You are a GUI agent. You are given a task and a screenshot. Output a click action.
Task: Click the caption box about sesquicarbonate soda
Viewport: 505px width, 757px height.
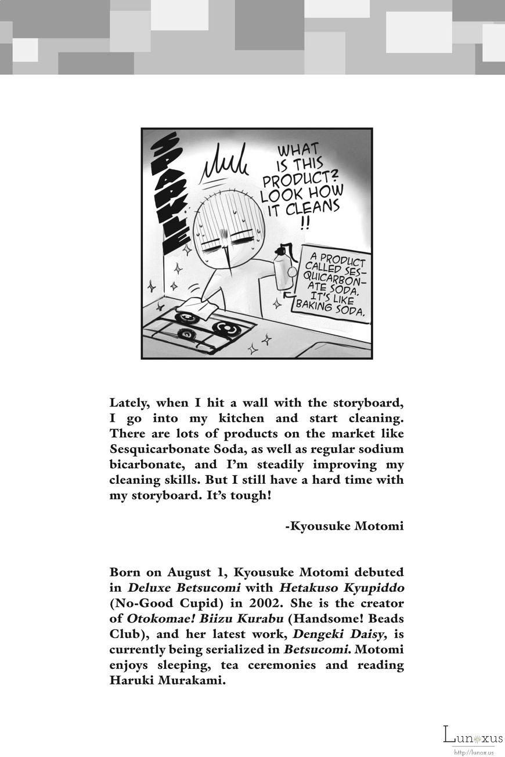(332, 282)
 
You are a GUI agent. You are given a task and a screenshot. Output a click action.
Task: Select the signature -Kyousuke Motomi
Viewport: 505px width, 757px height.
(344, 526)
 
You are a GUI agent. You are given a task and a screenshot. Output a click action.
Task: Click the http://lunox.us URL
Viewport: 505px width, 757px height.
(474, 752)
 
